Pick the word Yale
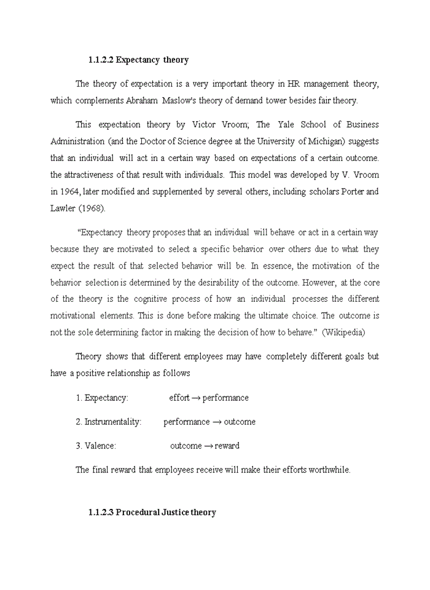[x=286, y=125]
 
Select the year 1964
[x=69, y=191]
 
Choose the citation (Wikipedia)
[x=343, y=332]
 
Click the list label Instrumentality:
[x=113, y=422]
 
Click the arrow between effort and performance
[x=196, y=398]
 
